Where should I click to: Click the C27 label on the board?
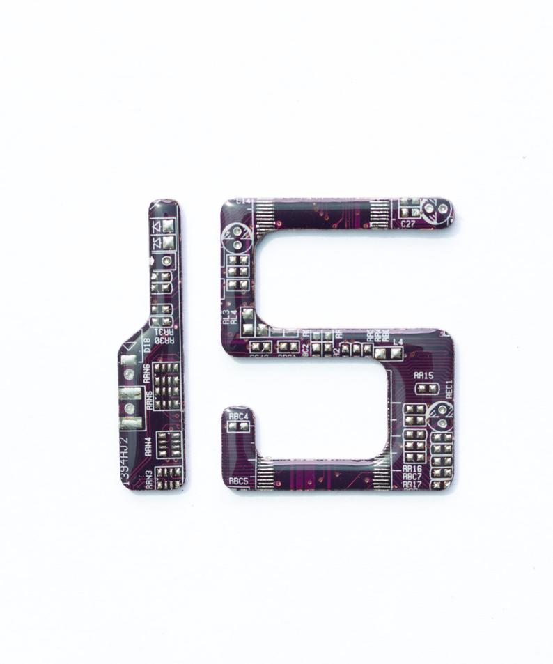click(408, 224)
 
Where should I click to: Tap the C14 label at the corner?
click(244, 201)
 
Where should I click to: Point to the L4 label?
click(398, 341)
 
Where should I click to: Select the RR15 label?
click(423, 376)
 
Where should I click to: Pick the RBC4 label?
click(239, 416)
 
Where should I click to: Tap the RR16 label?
click(412, 468)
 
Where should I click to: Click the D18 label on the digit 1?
click(146, 344)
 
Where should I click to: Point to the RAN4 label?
click(148, 446)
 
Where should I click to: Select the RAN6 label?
click(147, 373)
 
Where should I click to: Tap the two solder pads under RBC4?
click(238, 428)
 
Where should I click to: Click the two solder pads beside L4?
click(388, 353)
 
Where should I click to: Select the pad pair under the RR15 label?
click(426, 387)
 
